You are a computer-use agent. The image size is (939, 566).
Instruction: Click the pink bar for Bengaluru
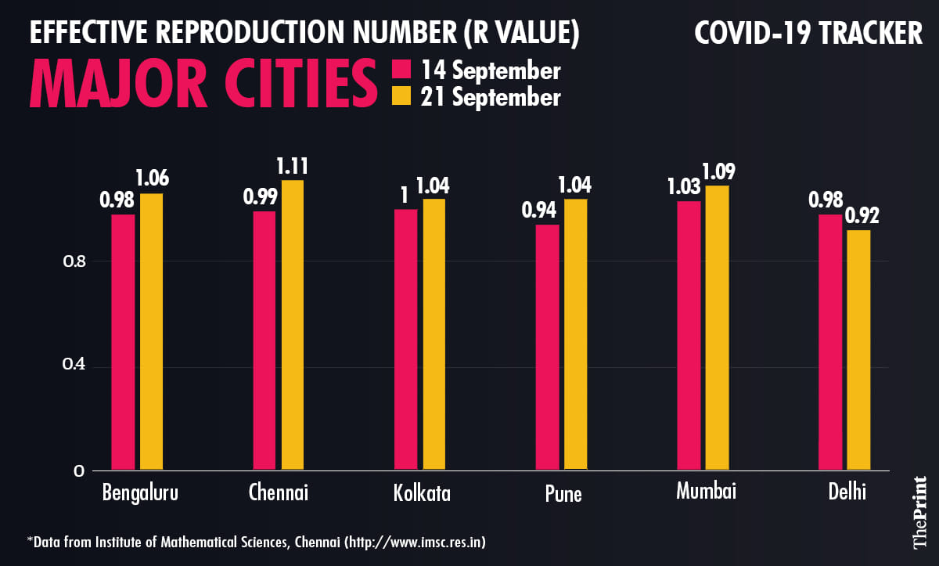(x=123, y=342)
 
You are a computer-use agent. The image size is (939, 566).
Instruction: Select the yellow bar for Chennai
(x=293, y=326)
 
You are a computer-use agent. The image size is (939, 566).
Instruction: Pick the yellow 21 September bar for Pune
(x=575, y=334)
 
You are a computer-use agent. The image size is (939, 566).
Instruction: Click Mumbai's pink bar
(x=689, y=336)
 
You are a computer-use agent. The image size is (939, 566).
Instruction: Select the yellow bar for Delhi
(x=858, y=350)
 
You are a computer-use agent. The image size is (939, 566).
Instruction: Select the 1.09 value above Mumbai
(x=718, y=171)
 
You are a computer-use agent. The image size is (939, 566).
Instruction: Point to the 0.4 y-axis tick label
(x=74, y=366)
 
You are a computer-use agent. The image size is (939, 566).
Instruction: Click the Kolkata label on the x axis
(x=422, y=493)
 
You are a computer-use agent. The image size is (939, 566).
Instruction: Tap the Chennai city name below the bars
(x=279, y=492)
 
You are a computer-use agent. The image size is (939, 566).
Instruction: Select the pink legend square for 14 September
(x=401, y=71)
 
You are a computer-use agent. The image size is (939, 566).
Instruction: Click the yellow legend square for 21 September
(x=401, y=97)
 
